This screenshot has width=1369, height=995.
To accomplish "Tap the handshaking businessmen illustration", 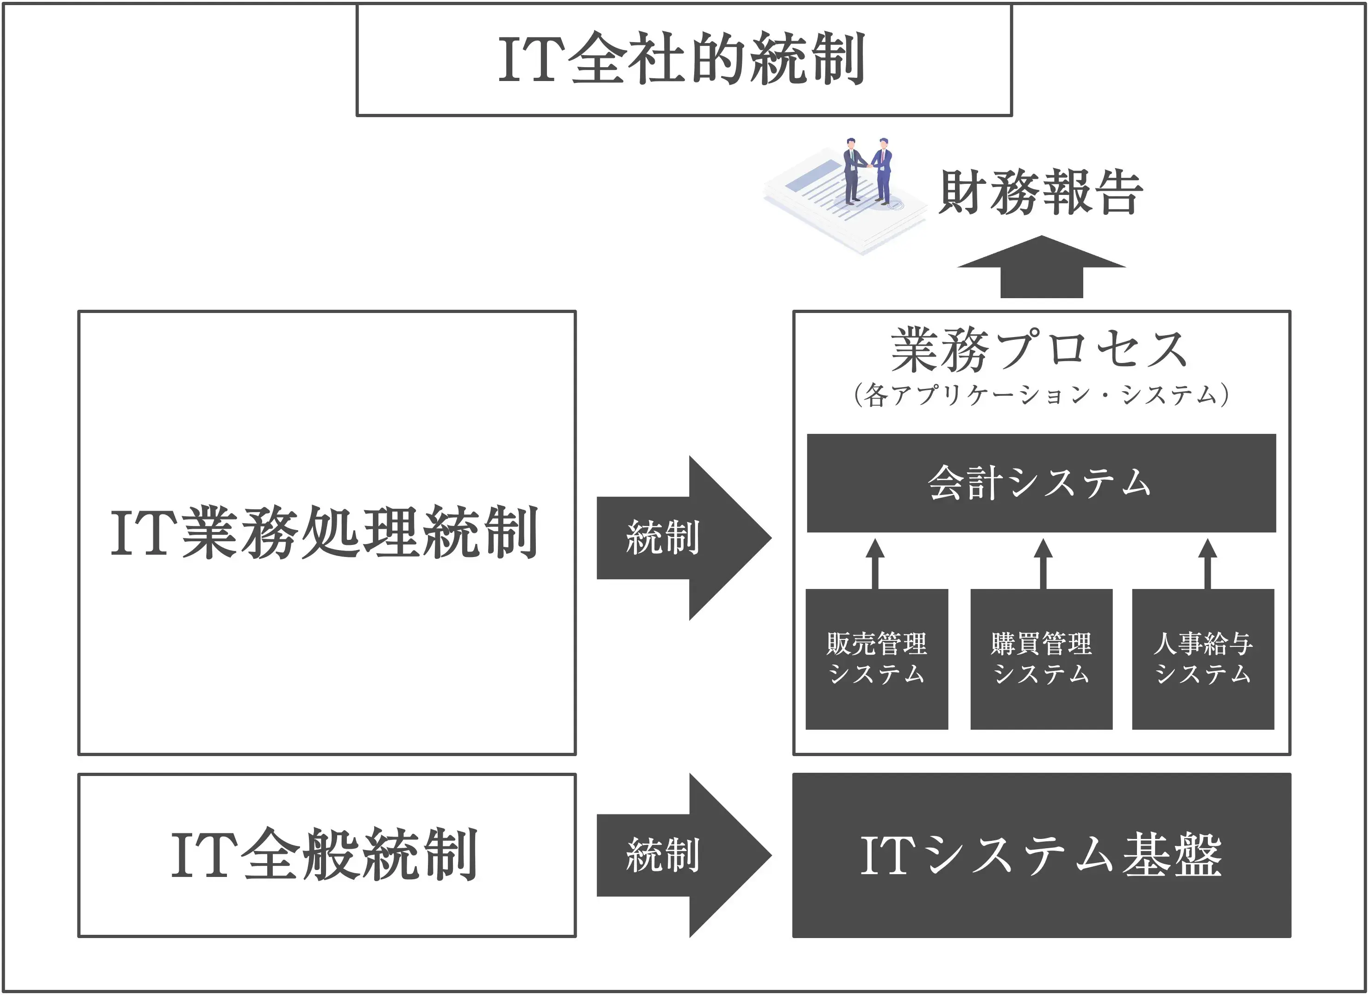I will (x=867, y=170).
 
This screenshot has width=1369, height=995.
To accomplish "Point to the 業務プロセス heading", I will (x=1039, y=350).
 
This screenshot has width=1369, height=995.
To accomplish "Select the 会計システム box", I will (x=1041, y=483).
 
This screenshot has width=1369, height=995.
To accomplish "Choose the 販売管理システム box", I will (x=876, y=659).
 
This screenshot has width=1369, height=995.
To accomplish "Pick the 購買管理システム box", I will (x=1041, y=659).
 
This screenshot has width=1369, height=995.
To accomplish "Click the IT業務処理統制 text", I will (x=325, y=533).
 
